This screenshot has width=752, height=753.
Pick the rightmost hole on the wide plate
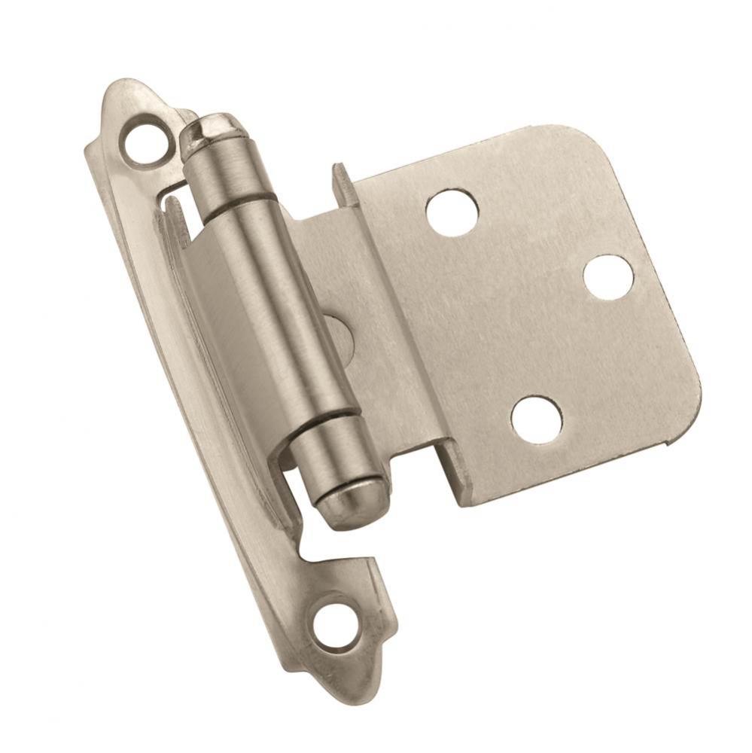608,277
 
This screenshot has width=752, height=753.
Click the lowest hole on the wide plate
536,419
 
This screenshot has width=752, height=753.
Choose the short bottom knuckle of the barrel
331,456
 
